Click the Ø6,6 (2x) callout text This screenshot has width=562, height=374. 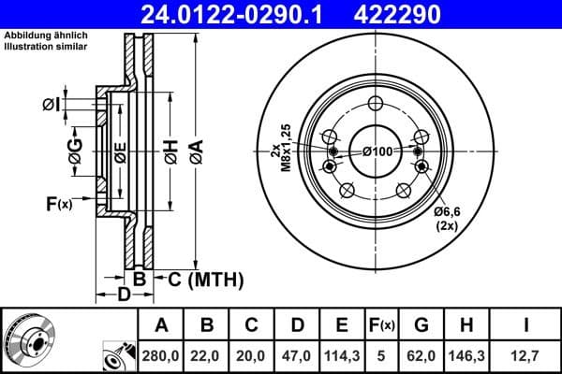point(447,220)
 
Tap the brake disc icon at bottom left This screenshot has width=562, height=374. point(29,338)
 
